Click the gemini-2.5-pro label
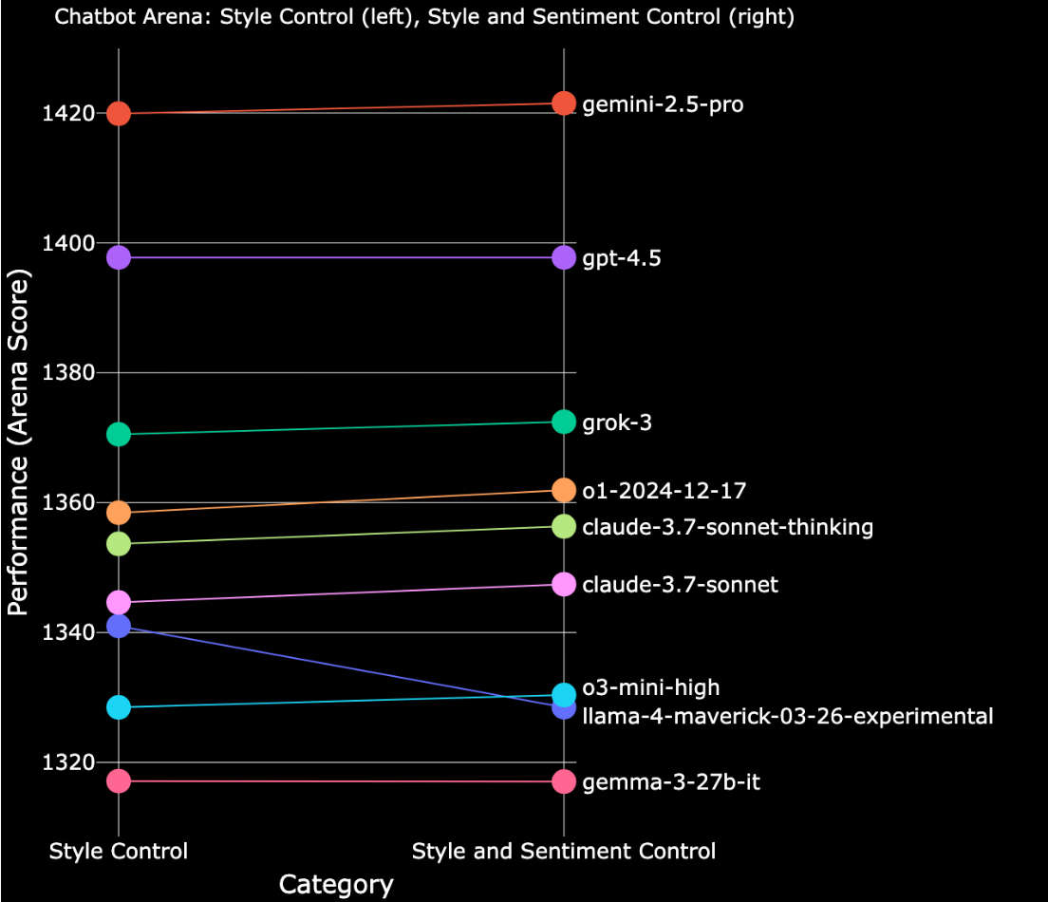pos(663,104)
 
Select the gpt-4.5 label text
pos(621,259)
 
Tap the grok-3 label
pos(617,423)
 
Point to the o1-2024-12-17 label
pos(664,492)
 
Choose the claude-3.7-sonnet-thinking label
pos(727,527)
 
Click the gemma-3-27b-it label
pos(671,783)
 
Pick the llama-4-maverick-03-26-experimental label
pos(788,716)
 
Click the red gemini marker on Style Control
pos(118,114)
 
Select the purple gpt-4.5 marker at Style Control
pos(118,257)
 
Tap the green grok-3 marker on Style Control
pos(118,435)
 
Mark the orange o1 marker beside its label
pos(564,490)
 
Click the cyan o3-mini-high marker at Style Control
pos(118,707)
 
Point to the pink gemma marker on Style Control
pos(118,781)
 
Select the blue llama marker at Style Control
pos(118,626)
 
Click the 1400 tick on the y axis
pos(68,243)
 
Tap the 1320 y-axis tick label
pos(68,762)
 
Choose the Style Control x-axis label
pos(119,851)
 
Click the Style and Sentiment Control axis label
pos(564,851)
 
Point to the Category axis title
pos(336,885)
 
